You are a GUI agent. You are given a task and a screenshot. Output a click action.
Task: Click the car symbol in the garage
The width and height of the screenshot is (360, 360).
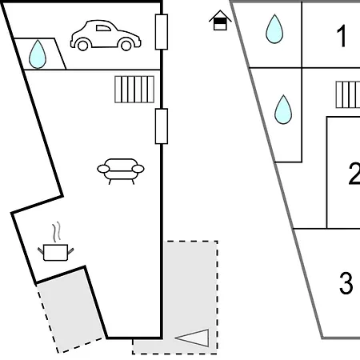coord(106,35)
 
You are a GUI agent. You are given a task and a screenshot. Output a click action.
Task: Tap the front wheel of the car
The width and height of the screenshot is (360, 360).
coord(126,45)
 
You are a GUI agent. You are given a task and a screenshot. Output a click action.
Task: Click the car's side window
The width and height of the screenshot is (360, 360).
coord(103,28)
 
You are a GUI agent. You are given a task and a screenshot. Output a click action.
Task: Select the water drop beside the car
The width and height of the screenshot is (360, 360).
coord(38,54)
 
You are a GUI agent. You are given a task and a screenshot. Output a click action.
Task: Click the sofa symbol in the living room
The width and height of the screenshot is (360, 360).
coord(121,171)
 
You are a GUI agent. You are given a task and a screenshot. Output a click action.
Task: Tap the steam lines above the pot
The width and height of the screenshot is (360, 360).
coord(56,232)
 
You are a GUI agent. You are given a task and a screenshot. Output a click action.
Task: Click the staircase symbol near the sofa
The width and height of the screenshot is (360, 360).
coord(134,90)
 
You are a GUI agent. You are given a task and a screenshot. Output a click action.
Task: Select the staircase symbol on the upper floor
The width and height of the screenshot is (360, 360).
coord(348,94)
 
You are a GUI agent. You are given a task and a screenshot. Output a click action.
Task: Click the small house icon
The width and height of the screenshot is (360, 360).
coord(220,20)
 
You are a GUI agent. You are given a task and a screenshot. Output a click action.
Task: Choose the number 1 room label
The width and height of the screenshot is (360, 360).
coord(342,36)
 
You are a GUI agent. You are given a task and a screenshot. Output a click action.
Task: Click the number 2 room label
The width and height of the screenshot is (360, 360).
coord(354,174)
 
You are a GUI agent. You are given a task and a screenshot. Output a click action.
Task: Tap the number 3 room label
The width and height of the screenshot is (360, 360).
coord(346,283)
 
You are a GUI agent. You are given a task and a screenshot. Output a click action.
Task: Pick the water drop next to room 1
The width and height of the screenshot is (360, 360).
coord(274,29)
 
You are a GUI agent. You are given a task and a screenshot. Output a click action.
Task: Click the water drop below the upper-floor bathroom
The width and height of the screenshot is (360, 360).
coord(283,110)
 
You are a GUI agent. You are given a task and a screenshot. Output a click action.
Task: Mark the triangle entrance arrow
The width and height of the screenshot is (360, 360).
coord(192,338)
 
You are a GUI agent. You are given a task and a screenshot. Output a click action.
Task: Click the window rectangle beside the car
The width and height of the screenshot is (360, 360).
coord(162,32)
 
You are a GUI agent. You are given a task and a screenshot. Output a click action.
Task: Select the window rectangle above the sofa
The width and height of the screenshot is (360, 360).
coord(162,126)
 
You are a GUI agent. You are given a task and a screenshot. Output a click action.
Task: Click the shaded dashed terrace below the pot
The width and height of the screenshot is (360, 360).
coord(70,310)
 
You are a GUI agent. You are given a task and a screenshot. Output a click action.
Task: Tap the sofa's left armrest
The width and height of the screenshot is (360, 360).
coord(103,169)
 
